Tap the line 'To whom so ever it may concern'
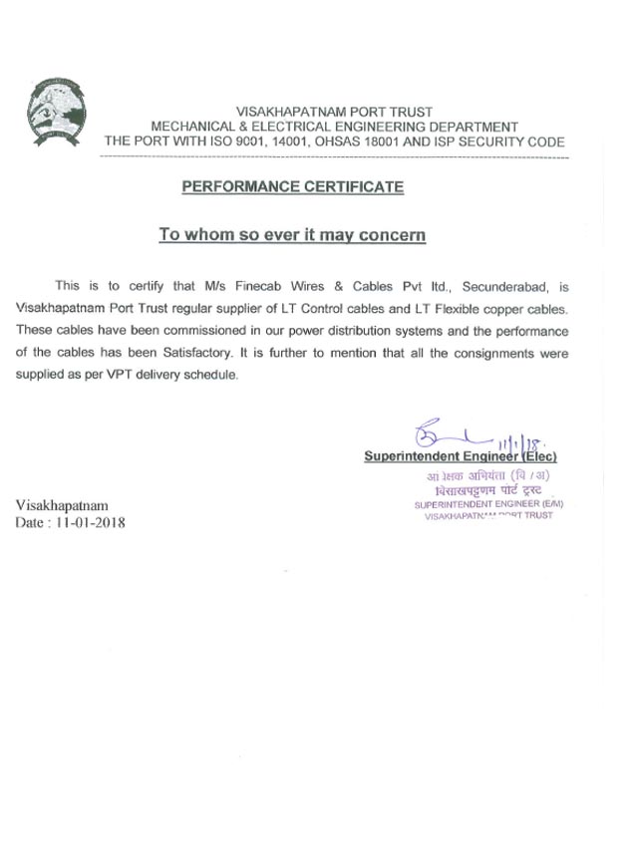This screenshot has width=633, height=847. click(x=293, y=236)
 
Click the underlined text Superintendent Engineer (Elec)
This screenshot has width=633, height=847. click(x=460, y=456)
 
